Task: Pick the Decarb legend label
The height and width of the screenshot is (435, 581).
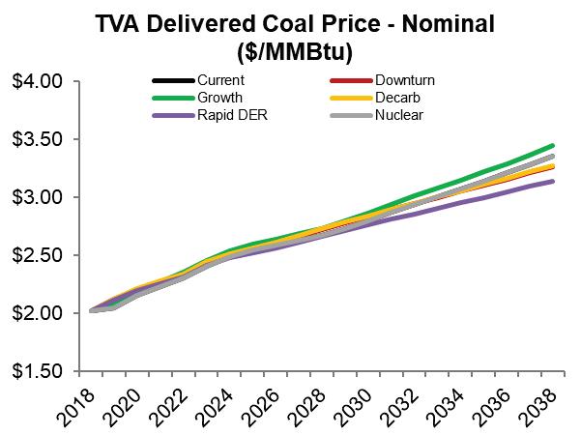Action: (395, 98)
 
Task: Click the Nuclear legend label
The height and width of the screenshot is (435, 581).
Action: (398, 115)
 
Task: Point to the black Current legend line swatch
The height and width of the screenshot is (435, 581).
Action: (171, 80)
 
